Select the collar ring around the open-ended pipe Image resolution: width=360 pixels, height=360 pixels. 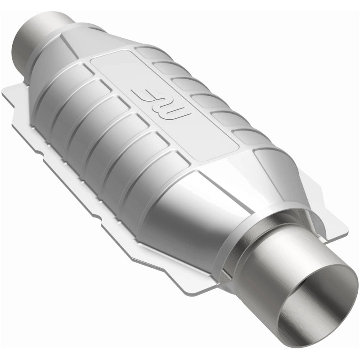[252, 243]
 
